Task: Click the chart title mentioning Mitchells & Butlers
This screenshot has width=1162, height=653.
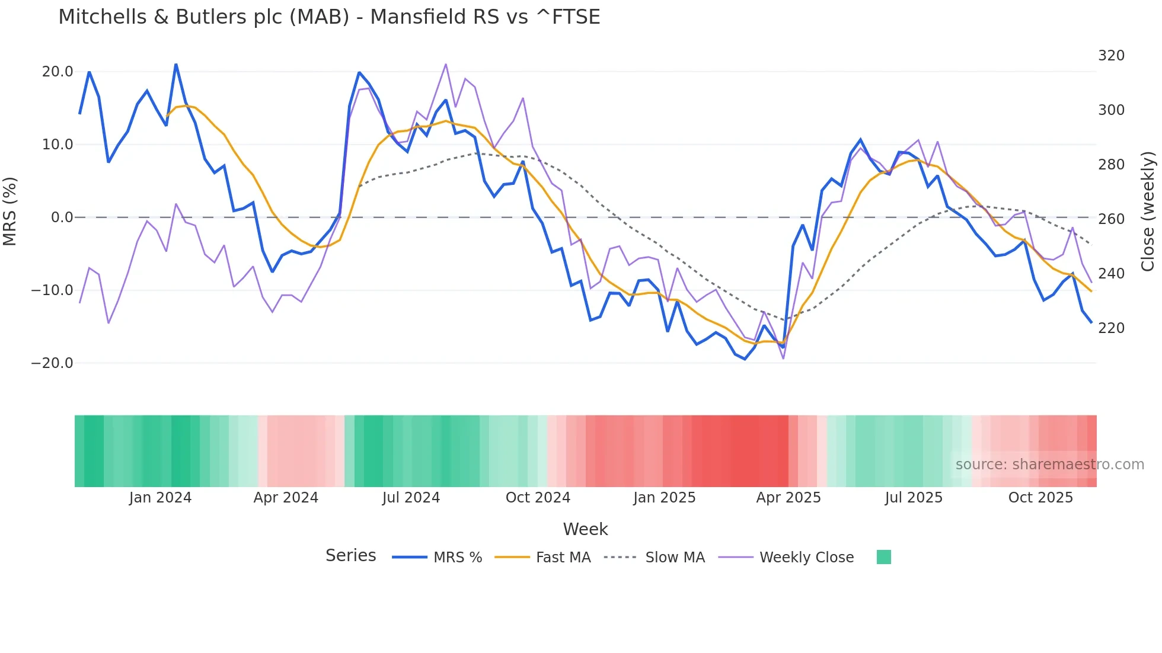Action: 329,17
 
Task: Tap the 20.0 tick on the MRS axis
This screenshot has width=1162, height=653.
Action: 58,72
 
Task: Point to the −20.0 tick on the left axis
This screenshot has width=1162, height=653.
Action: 52,363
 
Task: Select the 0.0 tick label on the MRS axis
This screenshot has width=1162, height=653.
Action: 62,217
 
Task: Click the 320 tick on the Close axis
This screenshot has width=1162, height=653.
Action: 1111,56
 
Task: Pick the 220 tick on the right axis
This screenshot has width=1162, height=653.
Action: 1111,328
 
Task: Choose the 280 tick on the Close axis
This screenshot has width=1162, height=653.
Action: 1111,165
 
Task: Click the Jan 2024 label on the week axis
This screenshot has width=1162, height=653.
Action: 160,498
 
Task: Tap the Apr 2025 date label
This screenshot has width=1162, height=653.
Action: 788,498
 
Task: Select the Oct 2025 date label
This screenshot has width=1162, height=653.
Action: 1040,498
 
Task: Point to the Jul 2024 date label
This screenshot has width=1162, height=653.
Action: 411,498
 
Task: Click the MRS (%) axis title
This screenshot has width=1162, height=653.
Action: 10,212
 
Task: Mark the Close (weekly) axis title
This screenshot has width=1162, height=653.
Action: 1148,212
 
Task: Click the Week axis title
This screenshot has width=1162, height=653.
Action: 585,529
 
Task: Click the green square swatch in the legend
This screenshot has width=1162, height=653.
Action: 883,557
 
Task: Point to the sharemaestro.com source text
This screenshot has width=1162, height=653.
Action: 1049,465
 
